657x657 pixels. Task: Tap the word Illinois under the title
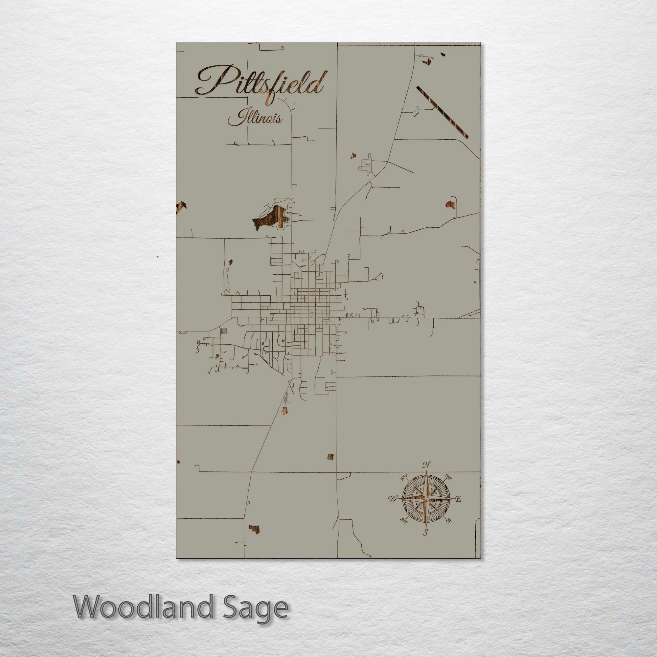(255, 118)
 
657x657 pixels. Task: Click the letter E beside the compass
(458, 499)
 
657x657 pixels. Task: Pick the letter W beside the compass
(393, 499)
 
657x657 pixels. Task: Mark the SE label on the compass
(448, 521)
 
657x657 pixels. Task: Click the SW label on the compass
(404, 520)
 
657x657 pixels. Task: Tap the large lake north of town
(272, 218)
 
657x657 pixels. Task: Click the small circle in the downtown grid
(311, 313)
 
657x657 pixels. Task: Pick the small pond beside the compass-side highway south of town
(330, 457)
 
